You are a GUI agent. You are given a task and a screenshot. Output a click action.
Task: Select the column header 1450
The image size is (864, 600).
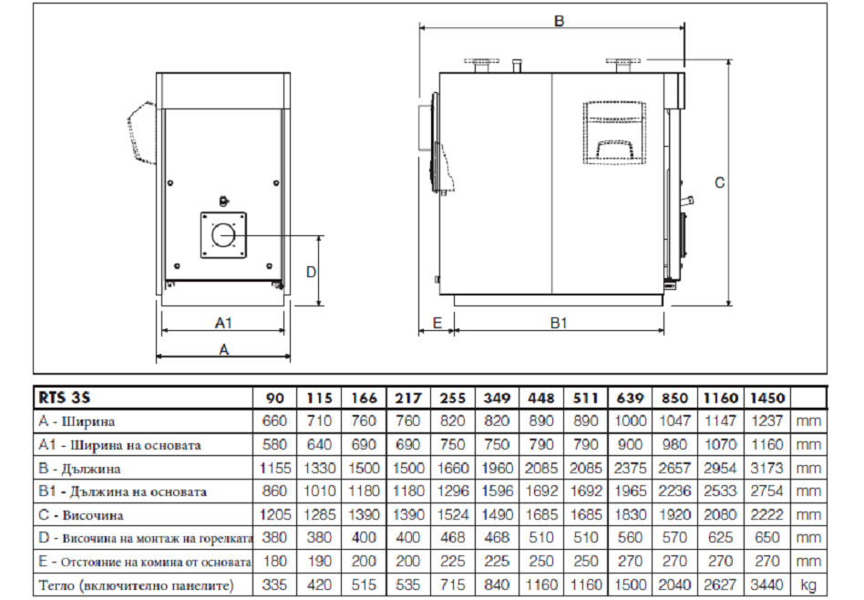tap(767, 398)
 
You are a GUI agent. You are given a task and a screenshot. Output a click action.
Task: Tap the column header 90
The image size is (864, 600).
tap(275, 398)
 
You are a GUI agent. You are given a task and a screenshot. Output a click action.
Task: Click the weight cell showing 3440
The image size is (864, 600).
tap(767, 584)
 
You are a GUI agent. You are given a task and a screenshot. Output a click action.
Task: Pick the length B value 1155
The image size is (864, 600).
tap(275, 468)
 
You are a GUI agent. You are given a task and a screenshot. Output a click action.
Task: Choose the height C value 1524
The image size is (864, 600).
tap(452, 514)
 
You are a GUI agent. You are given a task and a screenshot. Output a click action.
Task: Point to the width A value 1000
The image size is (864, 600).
tap(630, 421)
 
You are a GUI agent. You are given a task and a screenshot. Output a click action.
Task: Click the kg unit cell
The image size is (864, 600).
tap(807, 585)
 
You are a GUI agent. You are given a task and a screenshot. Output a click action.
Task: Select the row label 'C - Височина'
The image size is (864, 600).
tap(81, 515)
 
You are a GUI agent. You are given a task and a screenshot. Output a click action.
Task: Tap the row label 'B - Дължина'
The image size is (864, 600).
tap(79, 469)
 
